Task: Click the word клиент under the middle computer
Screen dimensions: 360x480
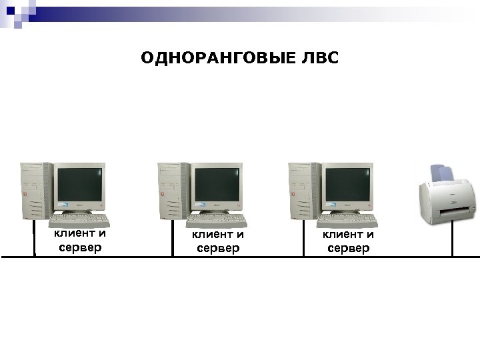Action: click(x=211, y=235)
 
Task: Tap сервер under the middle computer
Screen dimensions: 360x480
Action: click(x=217, y=249)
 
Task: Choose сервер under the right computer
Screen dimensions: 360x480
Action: click(x=348, y=249)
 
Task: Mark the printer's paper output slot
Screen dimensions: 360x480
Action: click(x=456, y=213)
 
